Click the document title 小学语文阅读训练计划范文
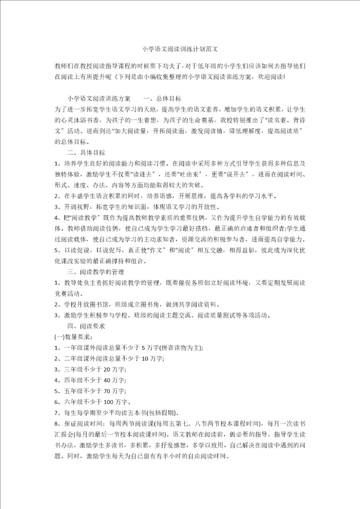click(180, 49)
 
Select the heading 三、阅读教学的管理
click(95, 271)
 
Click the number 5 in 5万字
click(143, 348)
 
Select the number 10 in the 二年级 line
click(146, 359)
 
